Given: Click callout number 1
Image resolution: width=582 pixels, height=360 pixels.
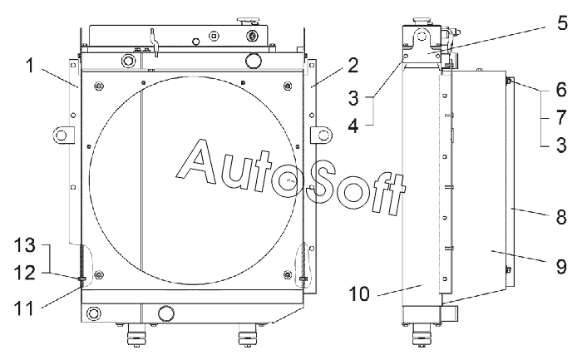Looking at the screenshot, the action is tap(30, 67).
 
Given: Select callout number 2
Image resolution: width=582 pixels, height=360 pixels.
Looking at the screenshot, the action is tap(353, 66).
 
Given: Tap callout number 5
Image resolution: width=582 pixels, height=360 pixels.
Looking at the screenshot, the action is tap(562, 23).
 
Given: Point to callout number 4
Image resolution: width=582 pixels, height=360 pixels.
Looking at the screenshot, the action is tap(353, 126).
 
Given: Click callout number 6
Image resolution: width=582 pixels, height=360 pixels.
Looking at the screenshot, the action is tap(561, 90).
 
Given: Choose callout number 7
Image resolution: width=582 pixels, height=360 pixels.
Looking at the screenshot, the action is tap(561, 117).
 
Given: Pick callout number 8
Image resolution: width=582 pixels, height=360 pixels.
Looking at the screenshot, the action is tap(561, 217).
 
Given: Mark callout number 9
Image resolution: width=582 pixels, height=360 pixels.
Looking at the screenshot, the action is tap(561, 267).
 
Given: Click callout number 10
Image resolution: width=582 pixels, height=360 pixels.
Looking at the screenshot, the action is tap(359, 294).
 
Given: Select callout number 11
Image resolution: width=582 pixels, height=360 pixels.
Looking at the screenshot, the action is tap(24, 308).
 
